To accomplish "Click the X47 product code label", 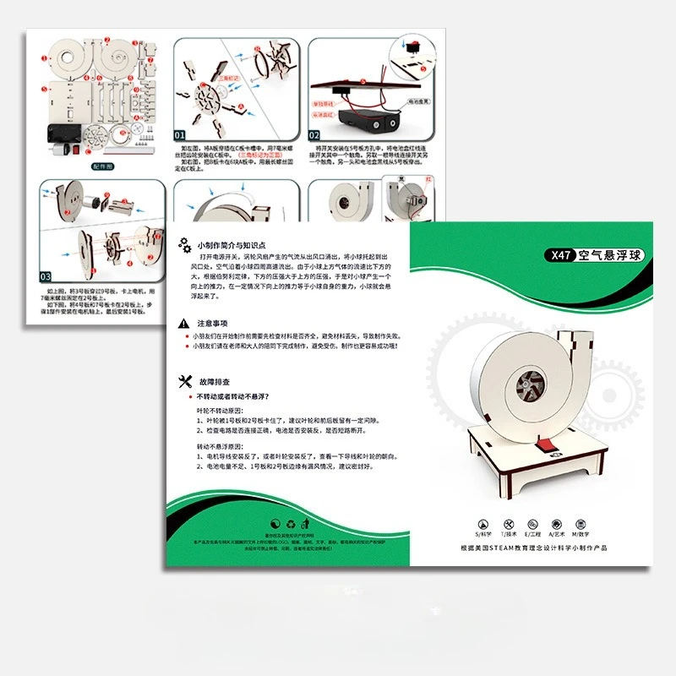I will click(562, 255).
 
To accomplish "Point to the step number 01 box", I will click(180, 134).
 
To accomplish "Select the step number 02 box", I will click(313, 134).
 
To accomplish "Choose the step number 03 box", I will click(45, 276).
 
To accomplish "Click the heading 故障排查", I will click(212, 381).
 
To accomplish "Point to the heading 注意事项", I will click(212, 324).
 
